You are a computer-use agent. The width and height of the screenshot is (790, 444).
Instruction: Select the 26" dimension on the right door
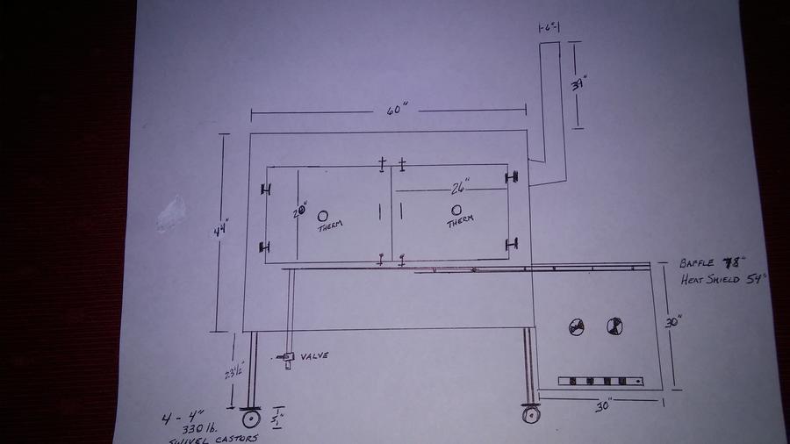pos(460,187)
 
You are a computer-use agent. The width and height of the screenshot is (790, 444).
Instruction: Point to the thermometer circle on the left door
pos(322,215)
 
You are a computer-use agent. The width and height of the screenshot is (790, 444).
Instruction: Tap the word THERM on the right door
pos(459,221)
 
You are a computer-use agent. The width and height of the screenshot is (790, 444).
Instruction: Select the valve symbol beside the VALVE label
pos(285,358)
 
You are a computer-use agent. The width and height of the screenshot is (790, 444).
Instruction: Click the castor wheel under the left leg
pos(252,419)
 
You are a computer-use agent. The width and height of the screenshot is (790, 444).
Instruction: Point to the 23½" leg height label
pos(233,371)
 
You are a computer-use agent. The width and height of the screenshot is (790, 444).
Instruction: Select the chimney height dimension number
pos(578,86)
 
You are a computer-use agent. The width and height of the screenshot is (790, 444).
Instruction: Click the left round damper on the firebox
pos(578,326)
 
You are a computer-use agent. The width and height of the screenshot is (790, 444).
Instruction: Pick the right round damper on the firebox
pos(614,326)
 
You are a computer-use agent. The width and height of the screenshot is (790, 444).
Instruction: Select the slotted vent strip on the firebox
pos(601,381)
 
